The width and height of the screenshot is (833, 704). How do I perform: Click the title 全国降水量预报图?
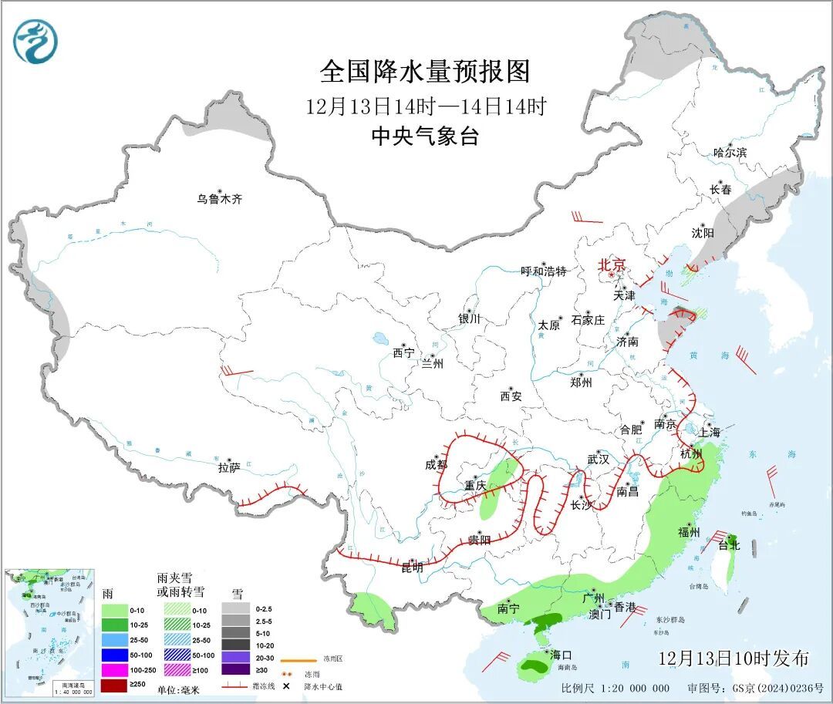pos(426,72)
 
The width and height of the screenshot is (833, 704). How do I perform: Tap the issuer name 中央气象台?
pos(426,136)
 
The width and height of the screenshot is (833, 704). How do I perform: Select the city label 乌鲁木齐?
pos(219,199)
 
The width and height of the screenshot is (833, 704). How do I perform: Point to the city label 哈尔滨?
pos(730,153)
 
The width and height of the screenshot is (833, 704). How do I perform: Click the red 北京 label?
pos(612,264)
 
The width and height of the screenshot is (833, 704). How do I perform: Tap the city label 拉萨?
pos(229,467)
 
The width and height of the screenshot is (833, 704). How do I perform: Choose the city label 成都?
pos(436,464)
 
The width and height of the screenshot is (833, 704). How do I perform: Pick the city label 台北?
pos(729,545)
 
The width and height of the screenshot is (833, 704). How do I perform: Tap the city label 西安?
pos(511,396)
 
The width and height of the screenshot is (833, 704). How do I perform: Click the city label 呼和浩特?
pos(543,271)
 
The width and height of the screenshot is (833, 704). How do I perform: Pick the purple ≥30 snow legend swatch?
pos(236,669)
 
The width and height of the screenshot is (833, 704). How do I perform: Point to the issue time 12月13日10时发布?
pos(734,659)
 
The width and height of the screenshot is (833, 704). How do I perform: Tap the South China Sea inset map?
pos(50,632)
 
